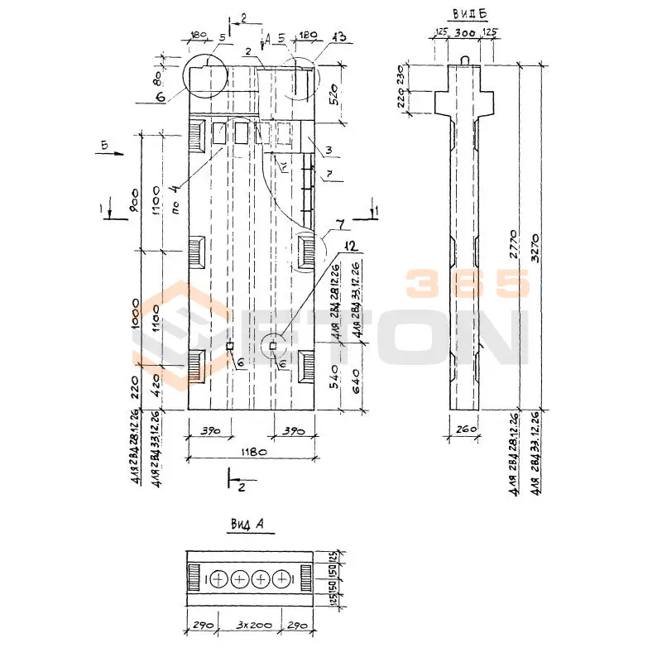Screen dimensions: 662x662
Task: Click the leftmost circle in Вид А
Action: (218, 580)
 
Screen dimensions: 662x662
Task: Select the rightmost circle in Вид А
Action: (282, 580)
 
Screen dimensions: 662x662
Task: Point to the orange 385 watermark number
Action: (467, 284)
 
